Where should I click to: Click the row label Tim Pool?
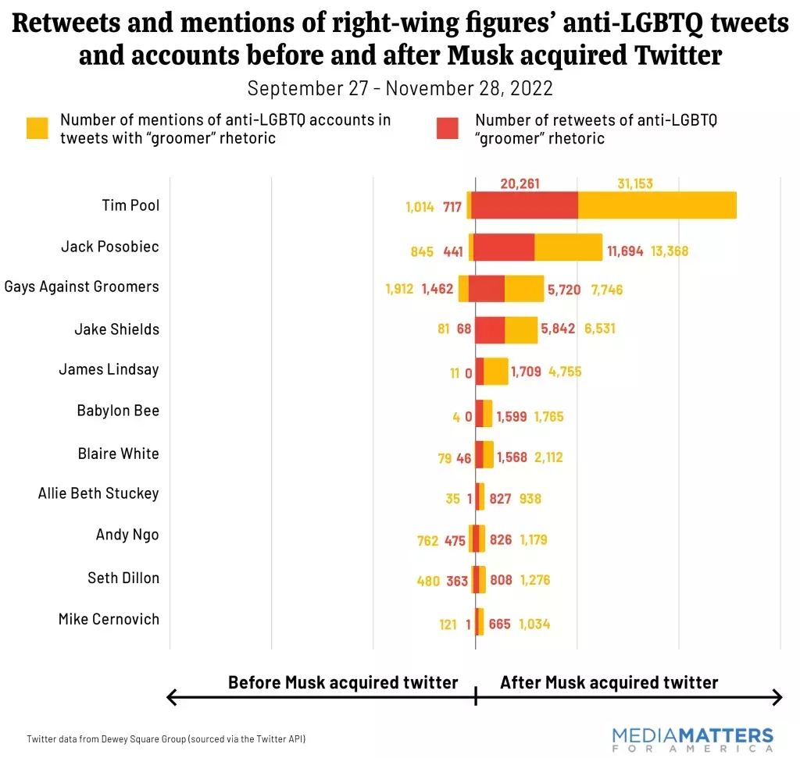130,205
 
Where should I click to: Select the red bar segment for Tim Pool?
525,205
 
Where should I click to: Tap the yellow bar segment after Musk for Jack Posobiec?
568,247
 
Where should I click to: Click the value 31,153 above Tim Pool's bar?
635,184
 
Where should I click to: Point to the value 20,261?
520,184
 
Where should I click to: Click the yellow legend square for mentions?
37,129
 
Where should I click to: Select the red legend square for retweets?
448,129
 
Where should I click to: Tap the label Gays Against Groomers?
81,286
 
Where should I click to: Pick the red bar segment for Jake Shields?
490,329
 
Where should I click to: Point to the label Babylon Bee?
118,411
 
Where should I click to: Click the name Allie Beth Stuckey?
98,493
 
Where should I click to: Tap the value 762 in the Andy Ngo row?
427,540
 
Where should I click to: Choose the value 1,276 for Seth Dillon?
536,581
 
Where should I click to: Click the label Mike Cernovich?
109,619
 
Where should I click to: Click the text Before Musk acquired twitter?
342,683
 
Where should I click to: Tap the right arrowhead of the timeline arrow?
777,698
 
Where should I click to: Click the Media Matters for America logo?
693,737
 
